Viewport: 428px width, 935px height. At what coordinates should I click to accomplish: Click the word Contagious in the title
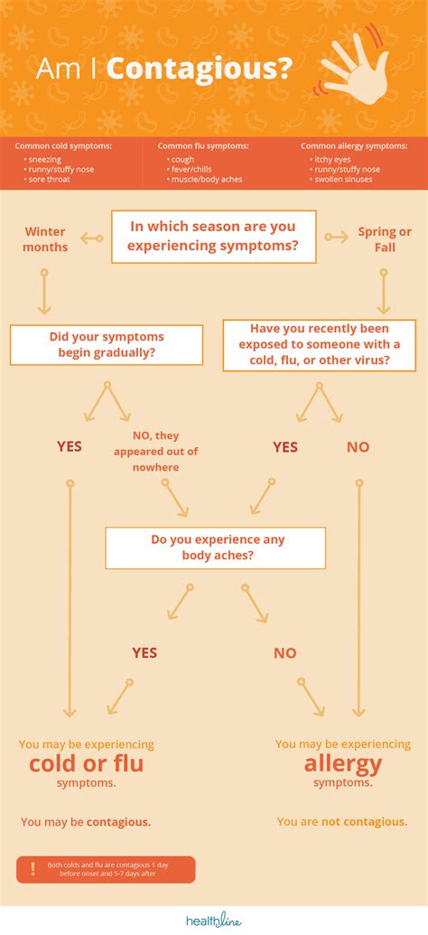200,70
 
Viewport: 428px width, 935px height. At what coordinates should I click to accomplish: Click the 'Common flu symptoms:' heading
203,145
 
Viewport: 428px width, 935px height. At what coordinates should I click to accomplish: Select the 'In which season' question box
214,237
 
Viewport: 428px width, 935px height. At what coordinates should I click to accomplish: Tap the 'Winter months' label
45,239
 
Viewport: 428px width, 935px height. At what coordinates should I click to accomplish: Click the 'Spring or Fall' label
385,239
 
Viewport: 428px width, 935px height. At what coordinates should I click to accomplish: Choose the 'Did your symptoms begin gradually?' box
107,345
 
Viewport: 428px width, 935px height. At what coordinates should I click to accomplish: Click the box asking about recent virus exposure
320,345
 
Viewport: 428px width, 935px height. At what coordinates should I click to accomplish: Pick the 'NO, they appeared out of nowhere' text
154,452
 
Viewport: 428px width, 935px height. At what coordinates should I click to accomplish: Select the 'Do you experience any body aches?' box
215,548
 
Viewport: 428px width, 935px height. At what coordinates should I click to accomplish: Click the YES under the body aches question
144,652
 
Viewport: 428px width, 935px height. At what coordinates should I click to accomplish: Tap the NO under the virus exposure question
358,446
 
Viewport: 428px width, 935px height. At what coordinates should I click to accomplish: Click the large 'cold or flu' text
86,764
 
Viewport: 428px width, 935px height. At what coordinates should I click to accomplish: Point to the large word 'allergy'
342,764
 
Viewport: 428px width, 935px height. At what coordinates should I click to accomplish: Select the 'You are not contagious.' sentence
342,821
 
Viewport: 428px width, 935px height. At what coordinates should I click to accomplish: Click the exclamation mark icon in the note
33,868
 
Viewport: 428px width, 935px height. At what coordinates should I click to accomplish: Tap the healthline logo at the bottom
213,920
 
